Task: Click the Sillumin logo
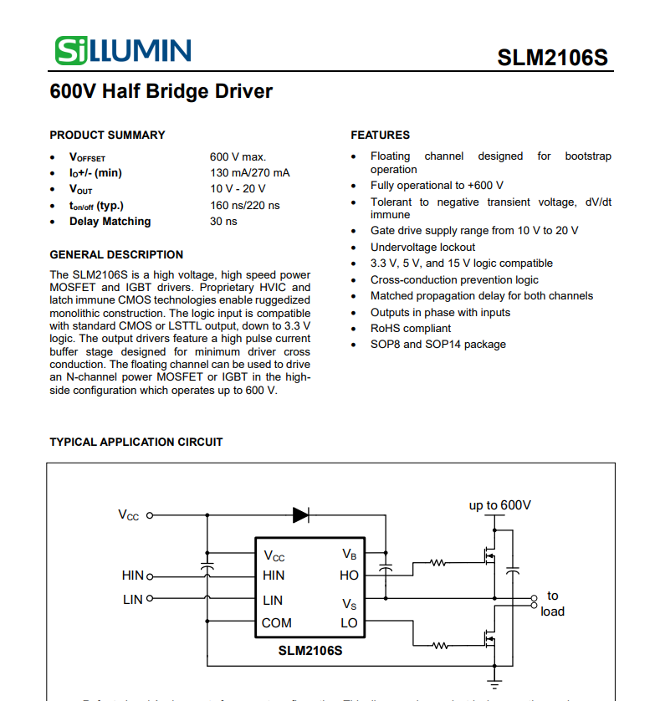coord(122,50)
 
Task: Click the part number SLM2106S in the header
coord(552,58)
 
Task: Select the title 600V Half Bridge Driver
coord(161,91)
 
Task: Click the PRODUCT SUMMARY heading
coord(107,135)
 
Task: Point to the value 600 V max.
coord(238,156)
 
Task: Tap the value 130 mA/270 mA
coord(250,172)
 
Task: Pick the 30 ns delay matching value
coord(223,222)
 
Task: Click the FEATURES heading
coord(380,135)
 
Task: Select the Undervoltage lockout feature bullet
coord(422,247)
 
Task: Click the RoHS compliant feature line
coord(411,328)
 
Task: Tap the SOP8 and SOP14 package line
coord(438,344)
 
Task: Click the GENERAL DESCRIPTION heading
coord(116,254)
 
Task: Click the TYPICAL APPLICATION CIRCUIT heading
coord(136,442)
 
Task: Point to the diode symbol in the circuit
coord(301,515)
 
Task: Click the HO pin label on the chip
coord(349,576)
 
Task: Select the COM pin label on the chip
coord(277,622)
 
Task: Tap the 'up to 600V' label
coord(499,505)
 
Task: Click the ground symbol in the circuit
coord(494,682)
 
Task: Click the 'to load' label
coord(552,603)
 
